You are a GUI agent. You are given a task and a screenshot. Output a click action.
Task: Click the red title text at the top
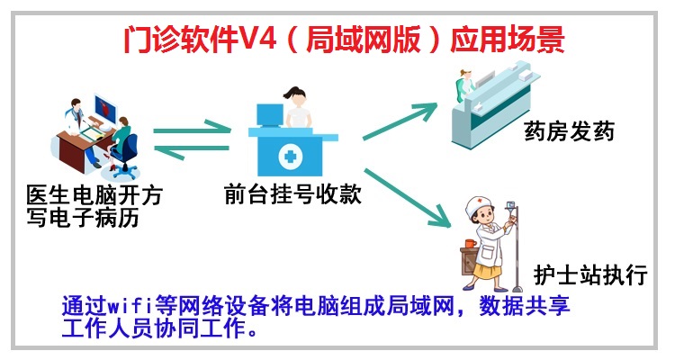click(344, 40)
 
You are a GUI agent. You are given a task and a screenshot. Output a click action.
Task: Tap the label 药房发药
click(569, 130)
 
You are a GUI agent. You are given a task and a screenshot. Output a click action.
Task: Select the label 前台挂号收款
click(292, 193)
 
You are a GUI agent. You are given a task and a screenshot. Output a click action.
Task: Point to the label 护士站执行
click(590, 274)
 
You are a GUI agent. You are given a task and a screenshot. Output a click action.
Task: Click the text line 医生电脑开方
click(94, 195)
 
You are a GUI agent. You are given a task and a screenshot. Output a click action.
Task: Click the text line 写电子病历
click(83, 217)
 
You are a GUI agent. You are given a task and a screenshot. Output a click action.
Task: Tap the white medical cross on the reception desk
click(291, 156)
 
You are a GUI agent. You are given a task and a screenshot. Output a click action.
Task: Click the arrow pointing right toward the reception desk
click(192, 129)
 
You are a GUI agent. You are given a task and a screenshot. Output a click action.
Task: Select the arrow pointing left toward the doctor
click(192, 149)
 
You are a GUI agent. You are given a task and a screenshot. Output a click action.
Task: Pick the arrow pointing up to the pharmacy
click(400, 121)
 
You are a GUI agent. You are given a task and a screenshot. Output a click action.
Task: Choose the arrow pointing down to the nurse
click(407, 198)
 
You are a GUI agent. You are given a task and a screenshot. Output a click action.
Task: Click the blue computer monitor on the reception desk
click(270, 114)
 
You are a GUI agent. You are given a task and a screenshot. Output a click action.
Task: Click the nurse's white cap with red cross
click(479, 205)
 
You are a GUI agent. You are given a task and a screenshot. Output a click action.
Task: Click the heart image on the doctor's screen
click(104, 106)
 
